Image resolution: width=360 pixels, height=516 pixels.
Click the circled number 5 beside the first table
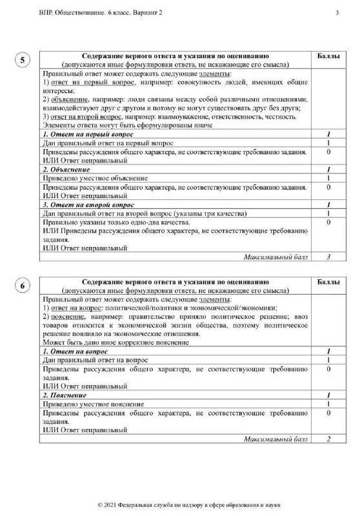click(x=23, y=62)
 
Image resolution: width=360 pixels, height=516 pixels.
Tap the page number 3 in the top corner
click(x=336, y=12)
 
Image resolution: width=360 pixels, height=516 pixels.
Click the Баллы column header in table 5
click(x=329, y=57)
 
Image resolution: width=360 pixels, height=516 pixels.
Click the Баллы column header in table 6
click(x=329, y=283)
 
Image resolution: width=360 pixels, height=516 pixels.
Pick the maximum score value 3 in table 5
click(x=328, y=257)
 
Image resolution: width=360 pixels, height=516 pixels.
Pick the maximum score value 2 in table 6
click(x=328, y=439)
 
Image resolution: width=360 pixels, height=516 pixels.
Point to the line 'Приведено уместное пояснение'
click(x=94, y=403)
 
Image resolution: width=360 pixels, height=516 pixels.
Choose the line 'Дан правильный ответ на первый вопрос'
click(x=106, y=143)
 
